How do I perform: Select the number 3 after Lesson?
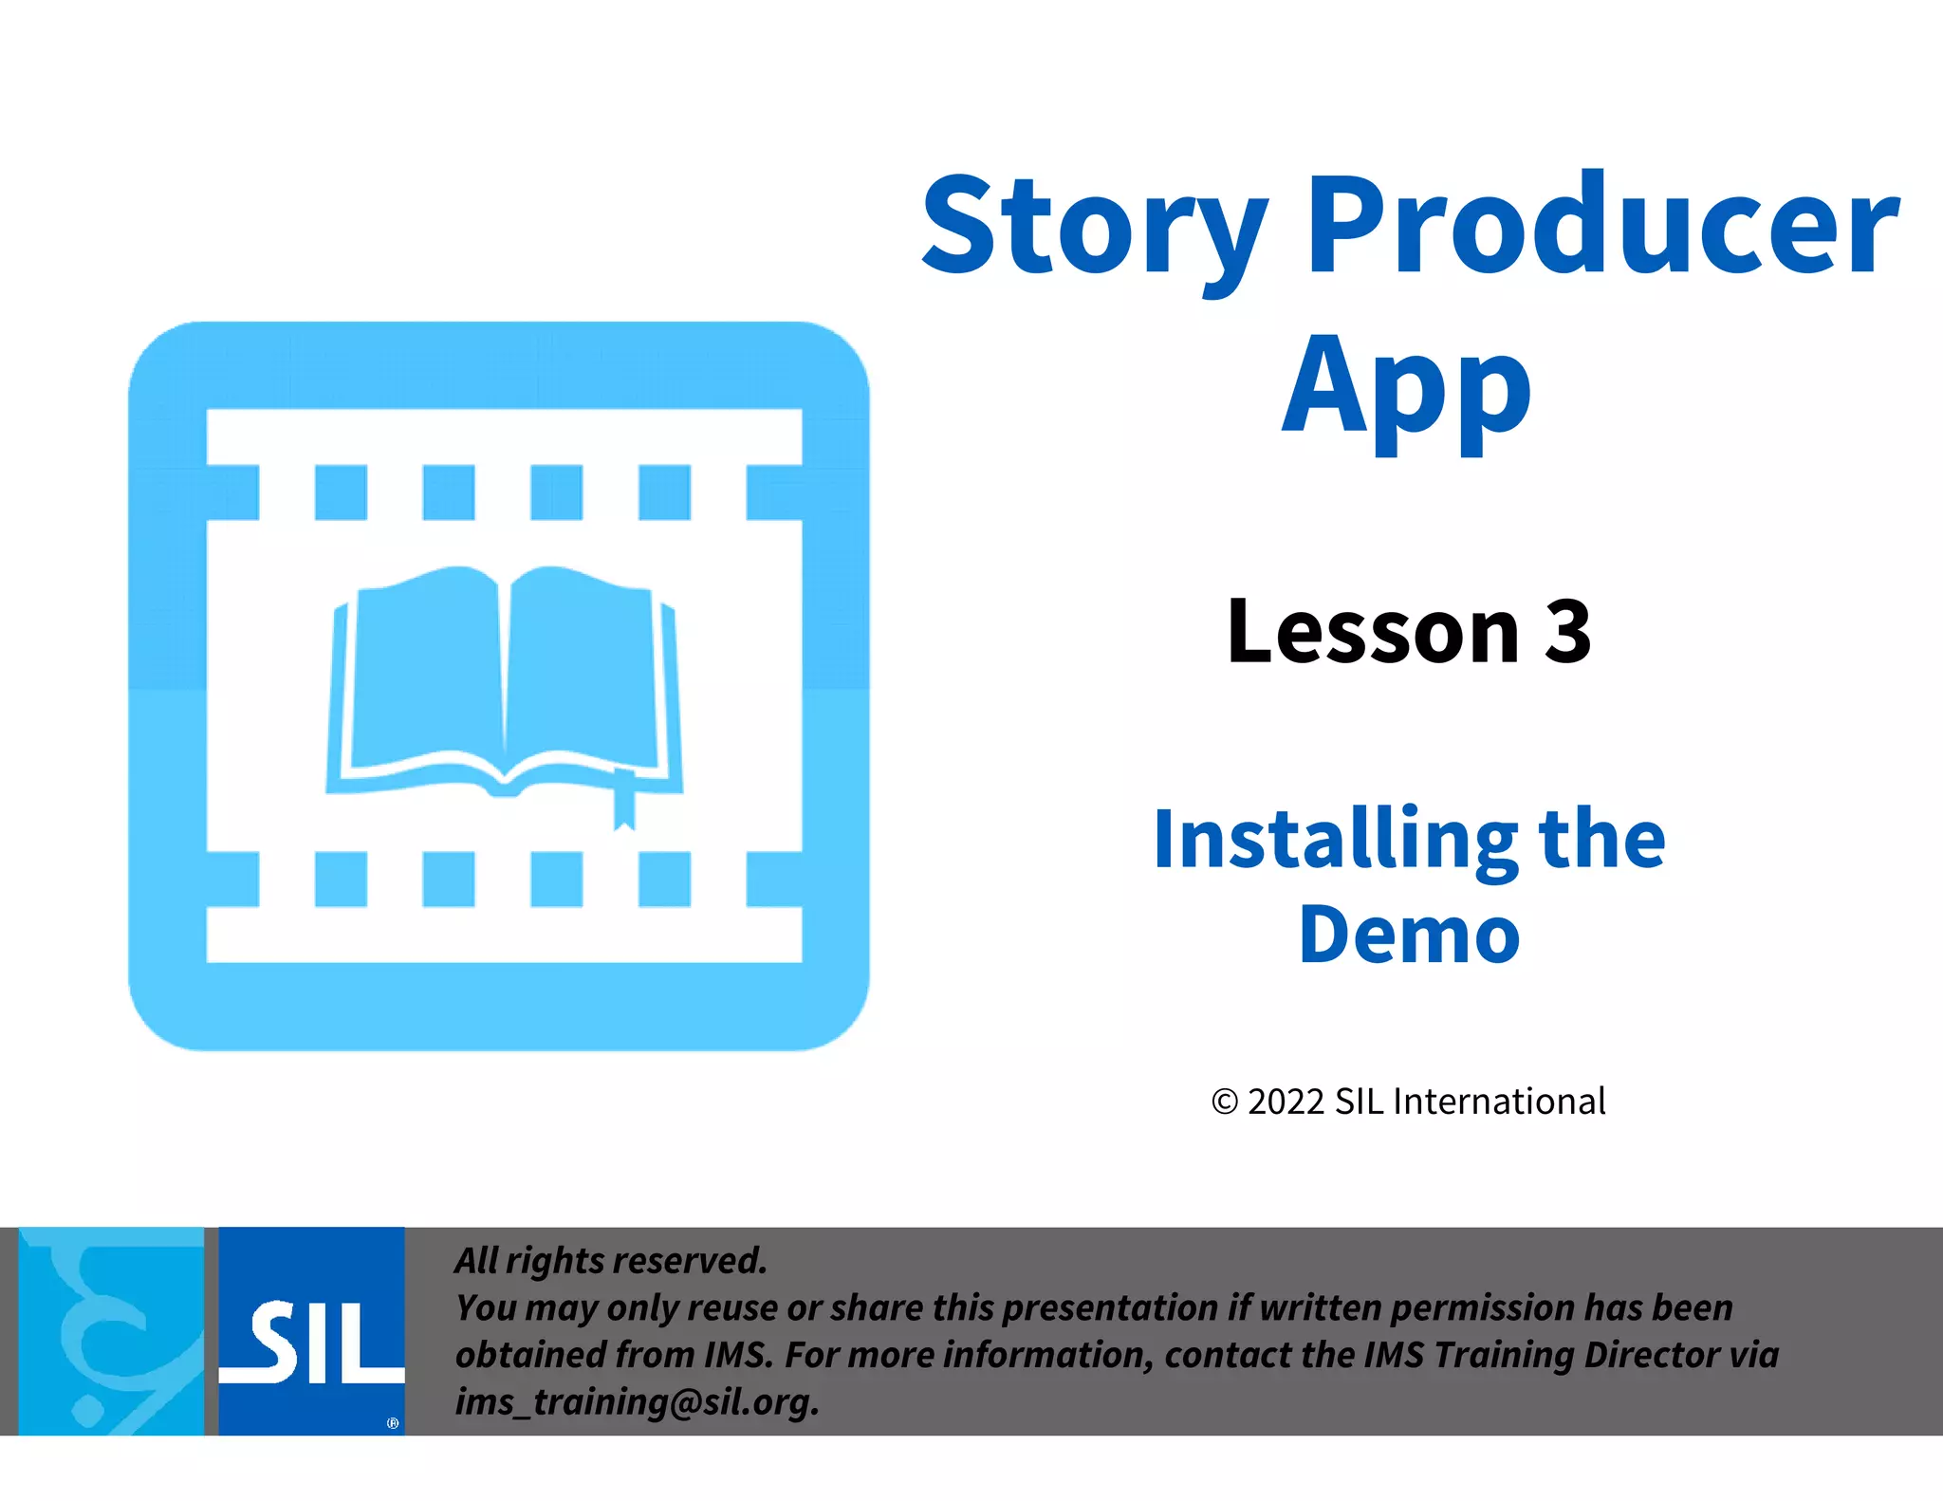pyautogui.click(x=1566, y=632)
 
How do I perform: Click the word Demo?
pyautogui.click(x=1409, y=936)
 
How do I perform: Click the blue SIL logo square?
pyautogui.click(x=311, y=1330)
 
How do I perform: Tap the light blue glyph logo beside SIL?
pyautogui.click(x=111, y=1330)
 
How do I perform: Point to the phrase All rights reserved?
pyautogui.click(x=610, y=1261)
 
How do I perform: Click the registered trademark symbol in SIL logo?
pyautogui.click(x=393, y=1423)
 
